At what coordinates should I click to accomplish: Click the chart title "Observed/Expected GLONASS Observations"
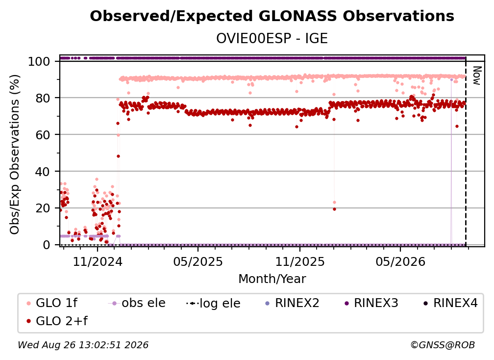click(x=272, y=16)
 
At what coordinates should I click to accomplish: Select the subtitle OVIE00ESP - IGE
click(x=272, y=39)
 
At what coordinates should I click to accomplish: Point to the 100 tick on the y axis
click(x=39, y=61)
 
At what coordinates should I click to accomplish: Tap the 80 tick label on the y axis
click(x=43, y=98)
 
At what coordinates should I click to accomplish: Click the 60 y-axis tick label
click(x=43, y=135)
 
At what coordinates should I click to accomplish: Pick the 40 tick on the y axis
click(x=43, y=172)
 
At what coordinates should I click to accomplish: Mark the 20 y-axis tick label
click(x=43, y=208)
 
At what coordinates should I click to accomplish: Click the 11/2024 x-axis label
click(x=98, y=261)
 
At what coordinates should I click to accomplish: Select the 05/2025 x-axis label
click(x=198, y=261)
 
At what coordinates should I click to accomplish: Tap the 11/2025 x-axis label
click(x=300, y=261)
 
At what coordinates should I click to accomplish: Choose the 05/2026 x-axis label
click(x=400, y=261)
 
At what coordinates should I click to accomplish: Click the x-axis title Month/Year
click(x=272, y=279)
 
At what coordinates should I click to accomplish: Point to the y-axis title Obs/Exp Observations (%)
click(x=15, y=154)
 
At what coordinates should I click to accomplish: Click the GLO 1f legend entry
click(x=52, y=303)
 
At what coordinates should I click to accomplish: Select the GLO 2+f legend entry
click(x=57, y=321)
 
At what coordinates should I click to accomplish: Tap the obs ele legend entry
click(x=137, y=303)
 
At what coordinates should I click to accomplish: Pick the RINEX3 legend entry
click(x=371, y=303)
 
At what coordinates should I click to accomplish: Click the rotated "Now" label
click(x=477, y=76)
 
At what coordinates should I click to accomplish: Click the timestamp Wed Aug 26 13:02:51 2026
click(x=83, y=345)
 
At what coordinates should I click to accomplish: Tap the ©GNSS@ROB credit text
click(x=443, y=345)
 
